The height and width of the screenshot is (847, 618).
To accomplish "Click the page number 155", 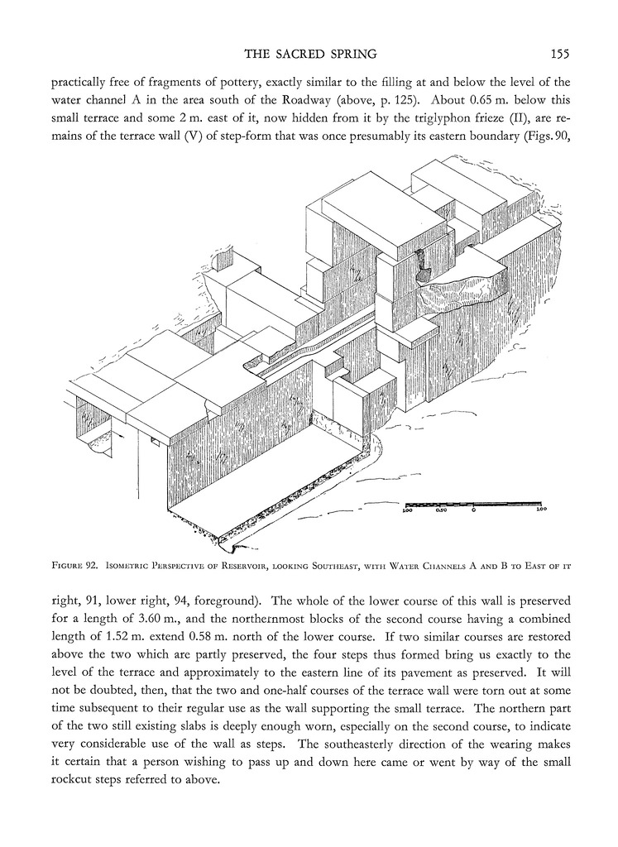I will coord(559,55).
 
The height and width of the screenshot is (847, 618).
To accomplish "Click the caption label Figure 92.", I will coord(74,567).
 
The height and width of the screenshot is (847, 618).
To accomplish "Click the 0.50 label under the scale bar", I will coord(441,511).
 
